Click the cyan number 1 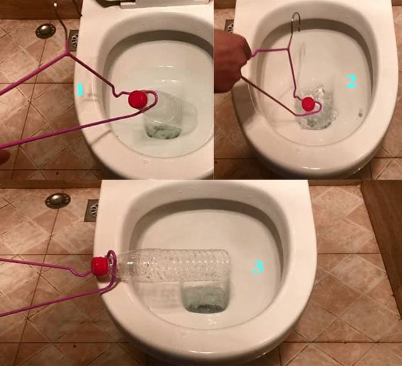80,90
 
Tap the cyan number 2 351,82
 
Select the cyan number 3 258,267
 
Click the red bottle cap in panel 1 138,98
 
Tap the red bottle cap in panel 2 307,104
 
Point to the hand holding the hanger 231,59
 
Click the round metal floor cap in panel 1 46,31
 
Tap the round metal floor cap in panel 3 58,201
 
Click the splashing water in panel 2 315,108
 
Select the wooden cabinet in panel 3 382,231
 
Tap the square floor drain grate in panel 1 74,40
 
